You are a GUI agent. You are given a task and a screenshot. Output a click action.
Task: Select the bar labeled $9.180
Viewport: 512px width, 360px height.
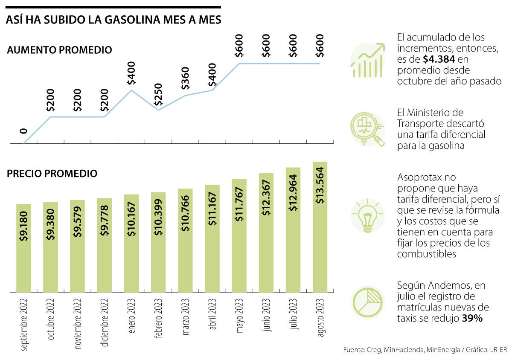pos(24,248)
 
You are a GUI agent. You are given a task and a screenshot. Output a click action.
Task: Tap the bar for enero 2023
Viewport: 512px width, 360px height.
pos(131,243)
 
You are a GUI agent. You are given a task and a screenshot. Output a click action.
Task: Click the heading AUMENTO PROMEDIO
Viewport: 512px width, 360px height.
pos(59,50)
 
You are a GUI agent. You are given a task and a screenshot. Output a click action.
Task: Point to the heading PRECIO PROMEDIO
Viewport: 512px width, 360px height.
pos(52,174)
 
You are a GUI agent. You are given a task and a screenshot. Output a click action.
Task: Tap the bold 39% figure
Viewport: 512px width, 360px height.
pos(472,319)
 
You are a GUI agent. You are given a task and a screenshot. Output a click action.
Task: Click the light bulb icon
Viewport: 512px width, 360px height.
pos(367,215)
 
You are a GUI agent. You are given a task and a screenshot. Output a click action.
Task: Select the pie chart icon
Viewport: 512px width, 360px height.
pos(367,302)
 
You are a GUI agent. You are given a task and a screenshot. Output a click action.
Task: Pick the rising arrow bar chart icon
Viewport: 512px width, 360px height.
pos(367,61)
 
